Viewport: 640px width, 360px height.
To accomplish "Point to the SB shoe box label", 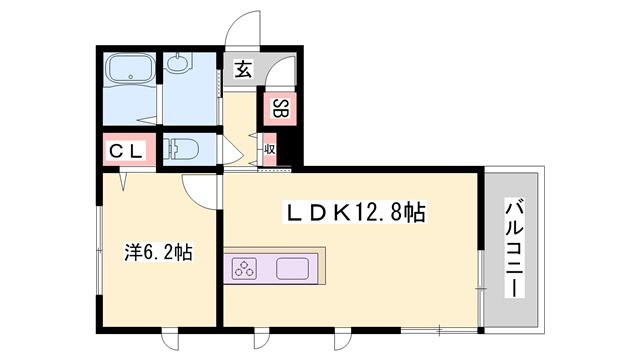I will [280, 108].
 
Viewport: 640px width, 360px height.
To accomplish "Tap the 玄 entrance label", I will [244, 70].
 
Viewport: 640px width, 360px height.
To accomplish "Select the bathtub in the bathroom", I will [128, 71].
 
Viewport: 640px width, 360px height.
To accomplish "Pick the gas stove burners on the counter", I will [246, 268].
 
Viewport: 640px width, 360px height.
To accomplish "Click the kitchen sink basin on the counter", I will [292, 269].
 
